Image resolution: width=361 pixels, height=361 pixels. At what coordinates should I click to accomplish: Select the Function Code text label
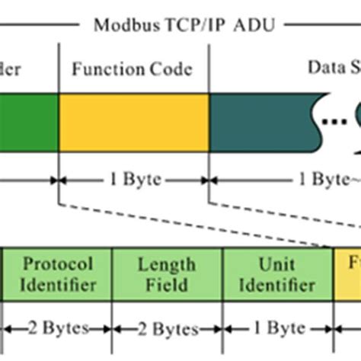[133, 69]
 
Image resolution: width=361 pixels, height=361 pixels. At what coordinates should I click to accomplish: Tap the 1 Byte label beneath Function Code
[133, 181]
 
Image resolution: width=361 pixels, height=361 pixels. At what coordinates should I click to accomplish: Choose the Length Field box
[167, 274]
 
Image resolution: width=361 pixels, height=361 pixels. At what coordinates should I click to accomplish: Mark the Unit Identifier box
[277, 274]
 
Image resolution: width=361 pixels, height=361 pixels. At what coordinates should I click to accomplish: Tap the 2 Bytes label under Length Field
[167, 329]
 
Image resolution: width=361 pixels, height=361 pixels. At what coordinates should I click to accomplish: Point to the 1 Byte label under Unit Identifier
[277, 329]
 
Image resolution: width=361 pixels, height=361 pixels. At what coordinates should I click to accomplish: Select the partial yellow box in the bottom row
[347, 274]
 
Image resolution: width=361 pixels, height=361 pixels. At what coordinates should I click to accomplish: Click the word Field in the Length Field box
[167, 285]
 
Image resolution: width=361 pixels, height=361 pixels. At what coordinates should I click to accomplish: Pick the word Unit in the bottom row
[277, 264]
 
